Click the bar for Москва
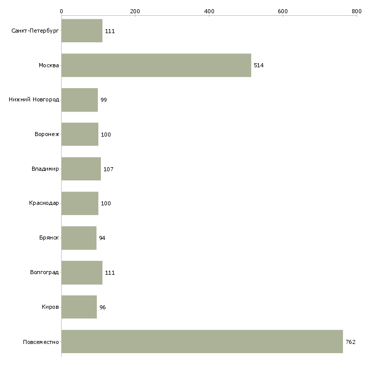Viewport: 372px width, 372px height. click(156, 65)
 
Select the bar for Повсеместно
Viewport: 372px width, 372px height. click(202, 341)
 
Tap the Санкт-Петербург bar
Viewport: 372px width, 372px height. click(82, 31)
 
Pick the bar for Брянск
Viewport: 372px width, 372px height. click(79, 238)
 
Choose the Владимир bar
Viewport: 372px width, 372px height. click(81, 169)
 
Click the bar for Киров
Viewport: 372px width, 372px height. click(79, 307)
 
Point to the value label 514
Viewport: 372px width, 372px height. click(258, 65)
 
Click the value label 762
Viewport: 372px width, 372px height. click(351, 342)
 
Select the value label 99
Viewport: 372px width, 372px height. click(103, 100)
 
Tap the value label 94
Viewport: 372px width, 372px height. click(102, 238)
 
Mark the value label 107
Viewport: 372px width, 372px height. click(109, 169)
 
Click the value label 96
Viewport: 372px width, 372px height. click(102, 307)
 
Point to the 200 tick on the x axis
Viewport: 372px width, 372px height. click(135, 11)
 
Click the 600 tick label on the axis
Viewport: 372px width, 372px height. click(283, 11)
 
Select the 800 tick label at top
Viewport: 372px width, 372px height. click(357, 11)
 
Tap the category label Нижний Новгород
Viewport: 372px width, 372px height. click(34, 99)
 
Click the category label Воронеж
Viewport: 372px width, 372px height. click(47, 134)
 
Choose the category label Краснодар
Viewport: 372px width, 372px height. click(44, 203)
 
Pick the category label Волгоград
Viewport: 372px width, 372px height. click(44, 272)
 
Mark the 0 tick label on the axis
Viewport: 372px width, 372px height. click(62, 11)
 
